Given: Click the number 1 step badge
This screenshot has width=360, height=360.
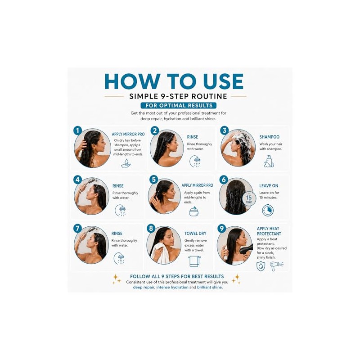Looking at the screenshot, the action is pyautogui.click(x=77, y=130).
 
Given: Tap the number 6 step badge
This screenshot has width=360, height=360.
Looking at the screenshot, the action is pyautogui.click(x=224, y=180).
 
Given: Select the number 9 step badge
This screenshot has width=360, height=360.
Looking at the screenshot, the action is pyautogui.click(x=221, y=229).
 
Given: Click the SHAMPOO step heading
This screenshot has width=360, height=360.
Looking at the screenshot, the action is pyautogui.click(x=269, y=137).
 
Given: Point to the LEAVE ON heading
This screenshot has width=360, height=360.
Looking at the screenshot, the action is pyautogui.click(x=269, y=186).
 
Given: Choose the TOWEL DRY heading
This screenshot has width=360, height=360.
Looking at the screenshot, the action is pyautogui.click(x=195, y=234).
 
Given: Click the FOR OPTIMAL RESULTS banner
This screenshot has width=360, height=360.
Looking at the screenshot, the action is pyautogui.click(x=179, y=106).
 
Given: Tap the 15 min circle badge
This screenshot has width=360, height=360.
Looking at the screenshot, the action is pyautogui.click(x=249, y=199).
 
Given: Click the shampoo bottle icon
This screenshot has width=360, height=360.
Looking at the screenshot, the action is pyautogui.click(x=269, y=161).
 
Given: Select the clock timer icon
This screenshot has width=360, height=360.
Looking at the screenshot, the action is pyautogui.click(x=268, y=210).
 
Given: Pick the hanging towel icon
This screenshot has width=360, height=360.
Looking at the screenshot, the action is pyautogui.click(x=194, y=261).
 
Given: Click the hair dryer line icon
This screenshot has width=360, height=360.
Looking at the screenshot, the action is pyautogui.click(x=276, y=266).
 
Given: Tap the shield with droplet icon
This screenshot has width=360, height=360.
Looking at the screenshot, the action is pyautogui.click(x=261, y=266).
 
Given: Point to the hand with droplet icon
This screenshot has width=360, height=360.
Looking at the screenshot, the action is pyautogui.click(x=126, y=163).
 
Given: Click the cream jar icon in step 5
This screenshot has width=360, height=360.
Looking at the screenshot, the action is pyautogui.click(x=194, y=211).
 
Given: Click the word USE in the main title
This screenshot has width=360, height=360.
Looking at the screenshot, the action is pyautogui.click(x=223, y=81).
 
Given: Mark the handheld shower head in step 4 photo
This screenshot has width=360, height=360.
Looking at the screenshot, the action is pyautogui.click(x=90, y=182).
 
